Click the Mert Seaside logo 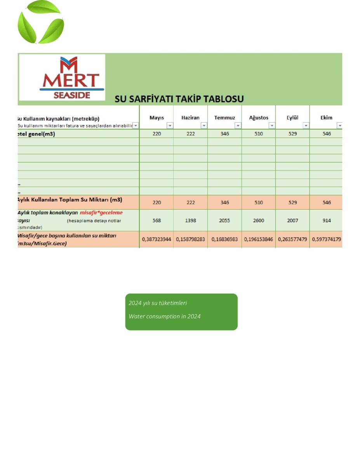pyautogui.click(x=62, y=78)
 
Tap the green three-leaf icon pyautogui.click(x=40, y=22)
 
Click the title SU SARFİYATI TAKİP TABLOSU pyautogui.click(x=179, y=99)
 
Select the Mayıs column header pyautogui.click(x=157, y=118)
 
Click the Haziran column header pyautogui.click(x=190, y=118)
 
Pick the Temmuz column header pyautogui.click(x=224, y=118)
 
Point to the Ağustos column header pyautogui.click(x=259, y=118)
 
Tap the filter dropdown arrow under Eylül pyautogui.click(x=306, y=126)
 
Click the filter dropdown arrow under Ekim pyautogui.click(x=339, y=126)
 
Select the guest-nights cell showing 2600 pyautogui.click(x=259, y=221)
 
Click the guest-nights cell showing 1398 pyautogui.click(x=190, y=221)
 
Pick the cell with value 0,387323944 pyautogui.click(x=157, y=239)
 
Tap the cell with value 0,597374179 pyautogui.click(x=327, y=239)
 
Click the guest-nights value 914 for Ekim pyautogui.click(x=327, y=221)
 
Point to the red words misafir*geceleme pyautogui.click(x=101, y=213)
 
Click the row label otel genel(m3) pyautogui.click(x=37, y=134)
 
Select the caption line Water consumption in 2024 pyautogui.click(x=165, y=316)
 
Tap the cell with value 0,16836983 pyautogui.click(x=224, y=239)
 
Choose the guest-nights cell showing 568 pyautogui.click(x=157, y=221)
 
